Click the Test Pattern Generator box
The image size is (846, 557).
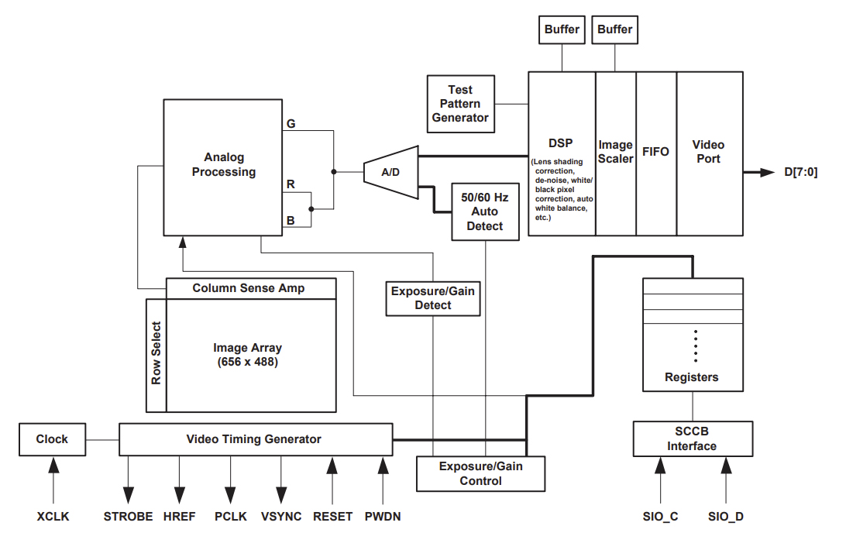click(460, 104)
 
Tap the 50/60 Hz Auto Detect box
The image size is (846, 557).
click(485, 211)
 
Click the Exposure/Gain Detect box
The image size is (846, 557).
click(433, 298)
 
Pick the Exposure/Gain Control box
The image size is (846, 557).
click(481, 473)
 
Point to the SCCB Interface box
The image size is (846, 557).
click(693, 439)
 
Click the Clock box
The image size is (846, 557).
click(52, 439)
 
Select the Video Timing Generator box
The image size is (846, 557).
click(255, 439)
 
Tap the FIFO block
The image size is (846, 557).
click(656, 153)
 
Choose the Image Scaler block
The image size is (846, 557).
click(616, 153)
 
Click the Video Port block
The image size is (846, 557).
click(708, 153)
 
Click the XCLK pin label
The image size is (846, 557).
click(53, 516)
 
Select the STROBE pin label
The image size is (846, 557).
click(128, 516)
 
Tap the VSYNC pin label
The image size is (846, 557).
click(281, 516)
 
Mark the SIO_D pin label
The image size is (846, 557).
click(726, 516)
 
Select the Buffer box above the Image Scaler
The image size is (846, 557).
click(615, 29)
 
